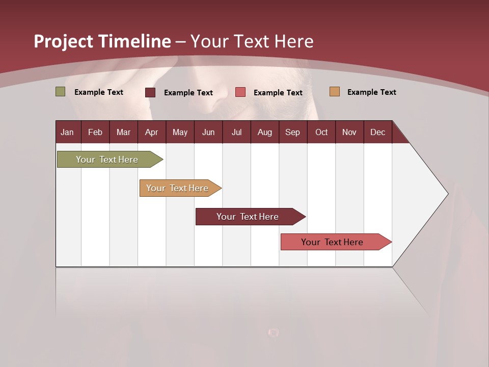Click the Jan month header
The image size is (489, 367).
pos(67,132)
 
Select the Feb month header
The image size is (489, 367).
pos(95,132)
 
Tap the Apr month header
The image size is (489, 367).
pos(151,132)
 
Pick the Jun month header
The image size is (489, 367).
pos(208,132)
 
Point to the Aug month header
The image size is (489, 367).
pos(264,132)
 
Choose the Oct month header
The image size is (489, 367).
pos(321,132)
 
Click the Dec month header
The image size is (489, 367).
pos(377,132)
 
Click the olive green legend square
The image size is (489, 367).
pos(61,92)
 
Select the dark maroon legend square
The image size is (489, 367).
pos(150,92)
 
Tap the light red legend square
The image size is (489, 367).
pos(240,92)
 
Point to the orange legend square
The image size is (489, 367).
pos(335,92)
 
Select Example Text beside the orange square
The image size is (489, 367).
pos(371,92)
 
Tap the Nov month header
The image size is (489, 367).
pos(349,132)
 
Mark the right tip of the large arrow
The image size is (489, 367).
pos(447,194)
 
